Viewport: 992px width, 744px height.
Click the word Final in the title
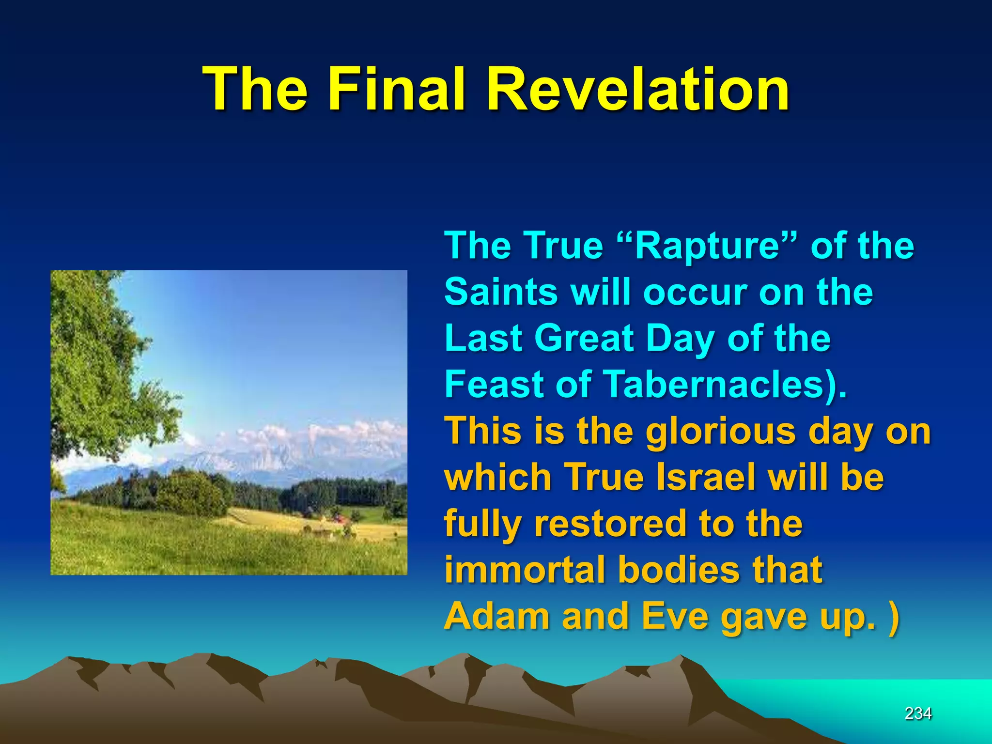point(397,90)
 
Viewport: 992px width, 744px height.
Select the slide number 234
point(918,713)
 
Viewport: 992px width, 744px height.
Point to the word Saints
point(501,292)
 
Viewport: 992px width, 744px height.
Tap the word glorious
point(721,431)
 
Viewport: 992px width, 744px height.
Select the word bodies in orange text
point(673,570)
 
